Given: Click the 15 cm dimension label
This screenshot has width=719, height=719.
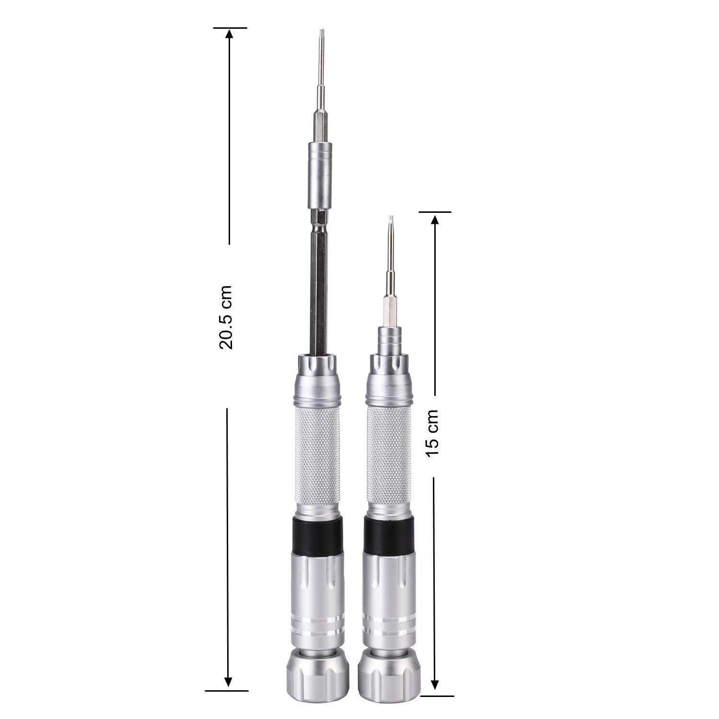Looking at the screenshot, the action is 432,433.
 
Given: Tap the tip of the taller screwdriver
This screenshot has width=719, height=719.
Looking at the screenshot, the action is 320,30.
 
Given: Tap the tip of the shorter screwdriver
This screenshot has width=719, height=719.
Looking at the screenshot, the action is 391,218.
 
